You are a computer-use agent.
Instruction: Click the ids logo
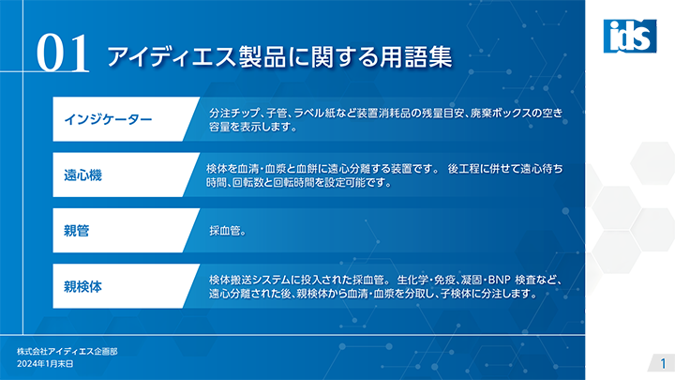click(x=630, y=37)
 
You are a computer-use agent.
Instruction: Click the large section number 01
click(x=63, y=53)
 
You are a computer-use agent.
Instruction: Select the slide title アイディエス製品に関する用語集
click(x=279, y=56)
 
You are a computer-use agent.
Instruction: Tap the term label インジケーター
click(x=108, y=119)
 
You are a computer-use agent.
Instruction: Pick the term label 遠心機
click(x=82, y=175)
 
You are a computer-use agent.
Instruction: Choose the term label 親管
click(x=76, y=231)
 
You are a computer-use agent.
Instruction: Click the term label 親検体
click(x=82, y=286)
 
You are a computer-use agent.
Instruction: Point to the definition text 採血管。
click(x=227, y=231)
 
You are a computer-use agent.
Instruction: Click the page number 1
click(x=663, y=363)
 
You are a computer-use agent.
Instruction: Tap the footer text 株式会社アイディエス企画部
click(x=67, y=352)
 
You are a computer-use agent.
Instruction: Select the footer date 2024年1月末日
click(x=45, y=364)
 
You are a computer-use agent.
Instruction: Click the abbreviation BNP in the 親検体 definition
click(x=499, y=280)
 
